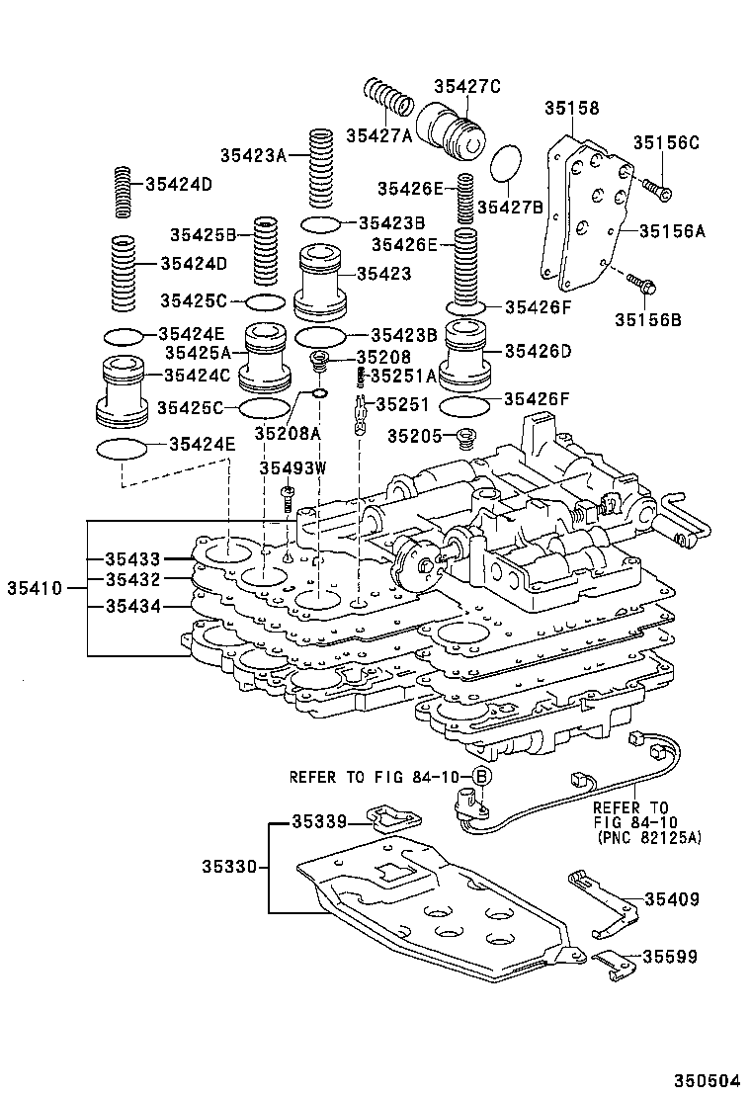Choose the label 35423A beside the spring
[252, 154]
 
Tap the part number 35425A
[198, 351]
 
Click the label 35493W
[292, 466]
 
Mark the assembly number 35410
[35, 588]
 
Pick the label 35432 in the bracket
[133, 579]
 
